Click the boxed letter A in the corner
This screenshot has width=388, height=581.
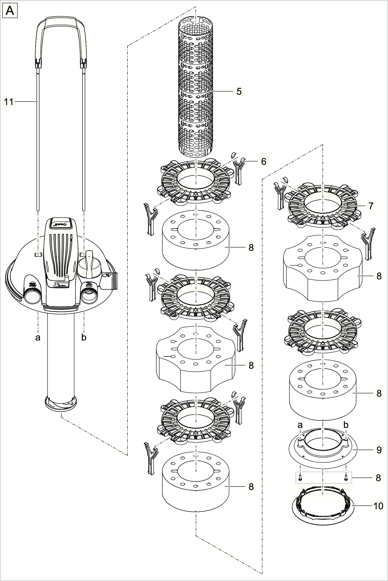pyautogui.click(x=10, y=11)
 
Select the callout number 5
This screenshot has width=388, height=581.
pyautogui.click(x=239, y=92)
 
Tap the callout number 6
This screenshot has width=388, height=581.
pyautogui.click(x=263, y=161)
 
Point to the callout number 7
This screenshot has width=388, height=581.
pyautogui.click(x=371, y=206)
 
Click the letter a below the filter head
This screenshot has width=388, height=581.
pyautogui.click(x=38, y=337)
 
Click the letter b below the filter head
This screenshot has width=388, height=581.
pyautogui.click(x=84, y=337)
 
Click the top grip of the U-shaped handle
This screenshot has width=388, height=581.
pyautogui.click(x=61, y=23)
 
